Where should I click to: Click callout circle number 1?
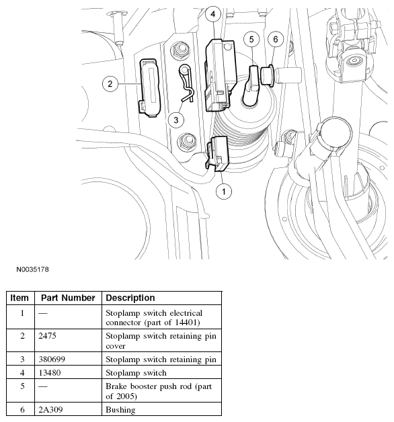coord(224,192)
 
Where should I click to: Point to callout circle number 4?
coord(212,13)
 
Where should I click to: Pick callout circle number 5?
coord(251,40)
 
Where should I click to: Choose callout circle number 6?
coord(274,40)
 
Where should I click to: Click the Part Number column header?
coord(67,298)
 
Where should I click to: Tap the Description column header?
coord(130,298)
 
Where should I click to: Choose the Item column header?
coord(20,298)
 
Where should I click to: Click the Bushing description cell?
coord(120,409)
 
